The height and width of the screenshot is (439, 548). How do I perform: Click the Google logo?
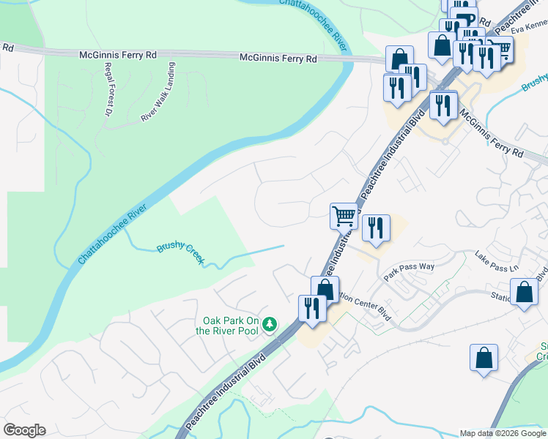click(x=24, y=430)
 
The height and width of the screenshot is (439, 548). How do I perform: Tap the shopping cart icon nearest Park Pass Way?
click(x=343, y=216)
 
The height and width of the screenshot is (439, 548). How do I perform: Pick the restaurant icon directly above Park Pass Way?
click(x=376, y=228)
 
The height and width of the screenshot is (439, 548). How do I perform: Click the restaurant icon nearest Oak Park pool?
click(x=312, y=307)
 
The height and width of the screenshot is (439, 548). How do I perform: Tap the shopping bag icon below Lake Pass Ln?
click(x=525, y=293)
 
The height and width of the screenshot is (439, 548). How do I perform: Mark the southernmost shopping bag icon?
click(x=484, y=358)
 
